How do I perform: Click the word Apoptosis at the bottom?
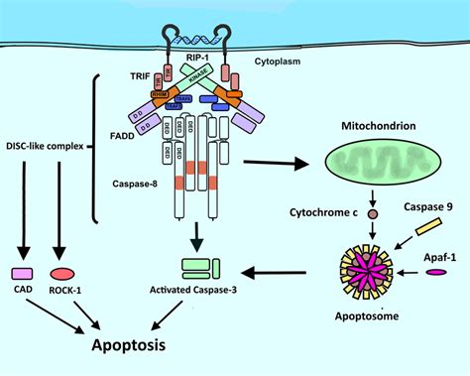point(141,347)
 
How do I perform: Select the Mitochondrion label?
point(380,128)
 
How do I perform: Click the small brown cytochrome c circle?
point(373,213)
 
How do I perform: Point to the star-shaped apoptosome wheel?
point(373,271)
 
